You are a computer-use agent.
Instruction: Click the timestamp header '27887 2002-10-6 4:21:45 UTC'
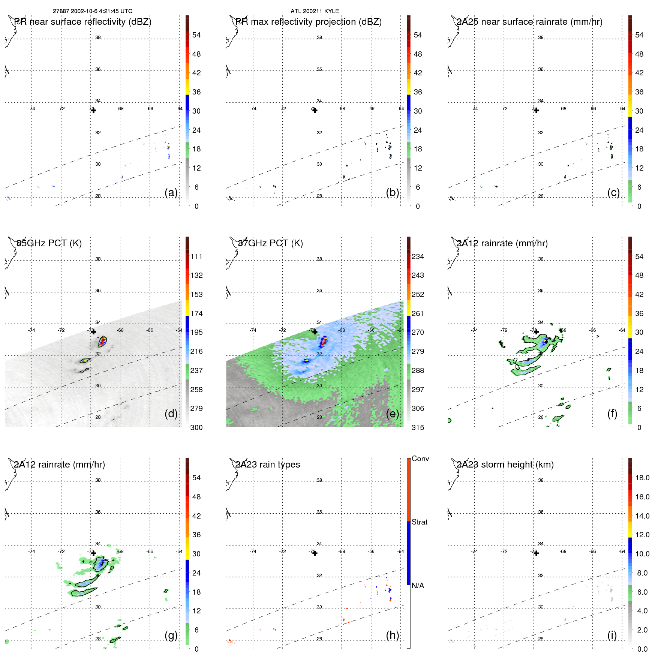tap(92, 11)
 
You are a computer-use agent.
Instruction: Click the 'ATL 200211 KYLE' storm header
tap(315, 11)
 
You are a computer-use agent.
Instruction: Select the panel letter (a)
tap(171, 193)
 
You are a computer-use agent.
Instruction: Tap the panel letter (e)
tap(392, 414)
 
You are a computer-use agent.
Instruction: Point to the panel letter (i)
tap(612, 635)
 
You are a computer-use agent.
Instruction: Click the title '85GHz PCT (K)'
tap(49, 243)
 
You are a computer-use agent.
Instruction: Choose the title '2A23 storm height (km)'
tap(505, 465)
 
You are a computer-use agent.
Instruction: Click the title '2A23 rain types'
tap(268, 465)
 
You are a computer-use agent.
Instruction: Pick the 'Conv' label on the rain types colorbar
tap(420, 459)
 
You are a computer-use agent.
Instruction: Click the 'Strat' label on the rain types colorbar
tap(419, 522)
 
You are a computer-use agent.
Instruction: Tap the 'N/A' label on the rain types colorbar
tap(418, 586)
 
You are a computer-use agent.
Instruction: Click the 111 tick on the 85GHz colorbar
tap(196, 257)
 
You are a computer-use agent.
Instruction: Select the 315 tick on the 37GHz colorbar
tap(418, 428)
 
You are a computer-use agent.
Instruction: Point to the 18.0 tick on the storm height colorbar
tap(642, 478)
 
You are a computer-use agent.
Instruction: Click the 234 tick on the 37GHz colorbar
tap(418, 257)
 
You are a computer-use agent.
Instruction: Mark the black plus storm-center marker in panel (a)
tap(93, 111)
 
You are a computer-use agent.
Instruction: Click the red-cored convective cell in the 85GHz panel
tap(102, 342)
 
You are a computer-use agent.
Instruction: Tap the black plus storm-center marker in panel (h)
tap(315, 553)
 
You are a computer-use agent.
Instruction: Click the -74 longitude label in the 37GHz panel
tap(253, 330)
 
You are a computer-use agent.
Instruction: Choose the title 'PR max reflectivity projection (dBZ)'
tap(308, 22)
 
